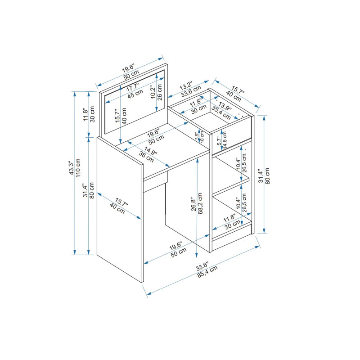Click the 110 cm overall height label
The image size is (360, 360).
point(78,168)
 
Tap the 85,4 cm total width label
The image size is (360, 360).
point(207,272)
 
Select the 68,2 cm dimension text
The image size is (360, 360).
point(200,203)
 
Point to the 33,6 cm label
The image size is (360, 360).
point(191,91)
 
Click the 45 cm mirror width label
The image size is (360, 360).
point(135,94)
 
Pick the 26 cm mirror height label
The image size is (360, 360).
point(160,92)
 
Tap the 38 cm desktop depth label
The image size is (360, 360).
point(146,157)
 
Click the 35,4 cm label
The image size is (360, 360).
point(221,112)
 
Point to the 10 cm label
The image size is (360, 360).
point(202,137)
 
